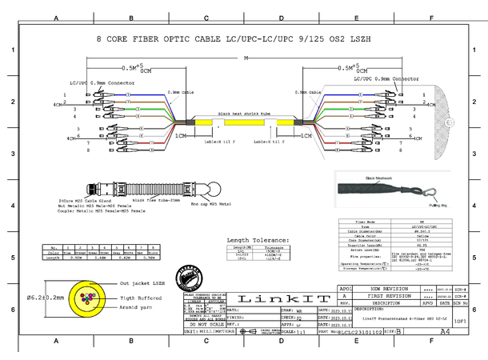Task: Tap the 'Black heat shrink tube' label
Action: pyautogui.click(x=244, y=114)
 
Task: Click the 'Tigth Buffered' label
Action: pyautogui.click(x=141, y=296)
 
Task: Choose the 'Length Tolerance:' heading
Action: pyautogui.click(x=257, y=239)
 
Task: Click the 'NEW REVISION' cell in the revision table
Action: pyautogui.click(x=386, y=288)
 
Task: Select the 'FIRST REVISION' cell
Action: pyautogui.click(x=386, y=296)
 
